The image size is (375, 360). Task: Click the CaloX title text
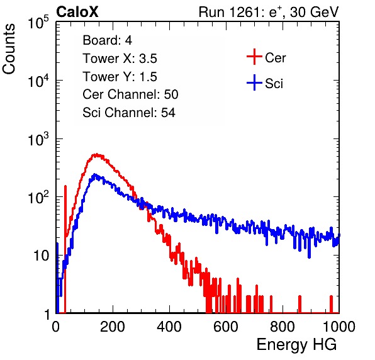tap(77, 12)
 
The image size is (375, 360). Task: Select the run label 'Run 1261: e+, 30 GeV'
tap(269, 12)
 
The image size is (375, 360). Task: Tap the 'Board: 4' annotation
tap(107, 40)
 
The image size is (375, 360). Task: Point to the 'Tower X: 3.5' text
tap(120, 59)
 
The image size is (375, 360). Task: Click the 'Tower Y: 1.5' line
tap(120, 77)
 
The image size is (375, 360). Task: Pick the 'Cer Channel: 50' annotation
tap(130, 94)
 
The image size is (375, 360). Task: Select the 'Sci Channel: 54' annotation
tap(129, 113)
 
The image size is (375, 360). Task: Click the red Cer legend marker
tap(254, 57)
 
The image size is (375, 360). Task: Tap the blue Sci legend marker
tap(254, 83)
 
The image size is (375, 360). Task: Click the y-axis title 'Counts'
tap(9, 49)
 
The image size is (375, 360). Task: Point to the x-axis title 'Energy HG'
tap(296, 345)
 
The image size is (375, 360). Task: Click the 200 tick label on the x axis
tap(113, 327)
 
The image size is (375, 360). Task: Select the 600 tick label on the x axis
tap(226, 327)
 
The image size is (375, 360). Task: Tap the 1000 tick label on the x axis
tap(339, 327)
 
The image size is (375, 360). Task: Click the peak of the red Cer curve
tap(96, 155)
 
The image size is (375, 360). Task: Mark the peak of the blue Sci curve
tap(94, 175)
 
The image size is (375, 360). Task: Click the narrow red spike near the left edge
tap(65, 249)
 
